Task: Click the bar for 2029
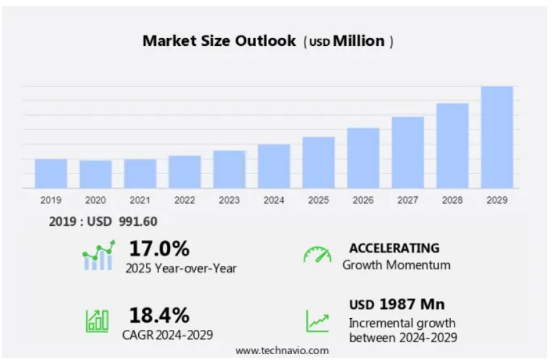[496, 137]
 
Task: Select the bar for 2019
[51, 173]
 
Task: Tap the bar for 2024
[274, 166]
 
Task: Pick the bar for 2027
[407, 153]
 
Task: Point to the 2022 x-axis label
[185, 200]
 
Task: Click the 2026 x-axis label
[363, 200]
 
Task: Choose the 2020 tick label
[96, 200]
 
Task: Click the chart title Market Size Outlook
[219, 41]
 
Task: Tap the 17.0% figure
[159, 249]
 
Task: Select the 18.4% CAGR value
[159, 315]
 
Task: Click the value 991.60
[138, 222]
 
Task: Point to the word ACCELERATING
[394, 248]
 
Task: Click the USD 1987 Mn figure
[397, 304]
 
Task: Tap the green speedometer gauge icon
[317, 255]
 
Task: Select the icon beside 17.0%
[98, 256]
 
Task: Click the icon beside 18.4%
[97, 320]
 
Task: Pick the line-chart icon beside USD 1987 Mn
[318, 321]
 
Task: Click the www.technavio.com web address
[282, 351]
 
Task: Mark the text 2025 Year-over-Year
[181, 268]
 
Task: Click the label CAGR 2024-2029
[167, 334]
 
